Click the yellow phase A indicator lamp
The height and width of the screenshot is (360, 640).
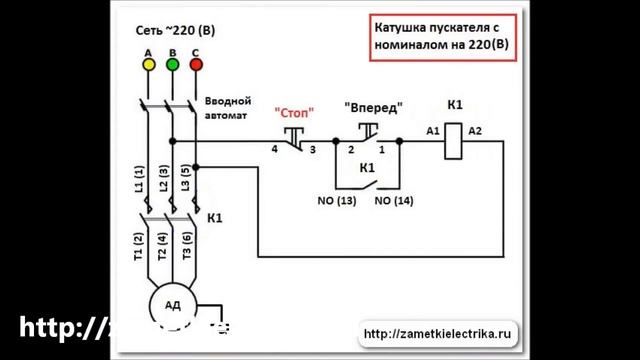click(x=148, y=64)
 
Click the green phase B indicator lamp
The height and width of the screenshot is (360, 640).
click(x=172, y=64)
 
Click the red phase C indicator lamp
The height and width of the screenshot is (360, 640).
click(x=196, y=64)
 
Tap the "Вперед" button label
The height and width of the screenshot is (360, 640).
click(x=373, y=106)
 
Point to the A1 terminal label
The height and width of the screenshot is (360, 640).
click(x=433, y=131)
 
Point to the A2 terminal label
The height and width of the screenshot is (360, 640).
click(x=475, y=131)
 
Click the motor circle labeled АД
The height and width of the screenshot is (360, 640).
click(x=172, y=304)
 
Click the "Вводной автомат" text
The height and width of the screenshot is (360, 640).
click(x=227, y=108)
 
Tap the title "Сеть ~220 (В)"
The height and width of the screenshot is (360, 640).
click(x=175, y=31)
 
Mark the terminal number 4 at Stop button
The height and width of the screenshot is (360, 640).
click(x=274, y=149)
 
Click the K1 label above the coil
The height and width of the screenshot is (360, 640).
click(x=455, y=104)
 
